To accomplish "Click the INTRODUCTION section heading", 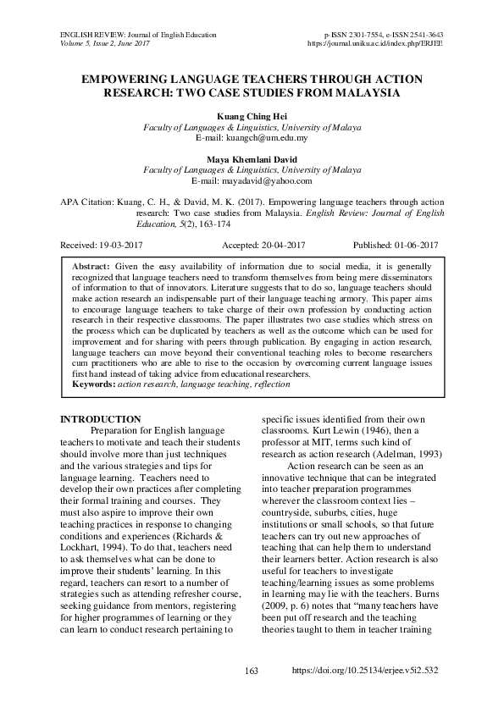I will tap(102, 419).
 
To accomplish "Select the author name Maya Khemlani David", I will tap(251, 158).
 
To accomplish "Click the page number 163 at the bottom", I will tap(251, 694).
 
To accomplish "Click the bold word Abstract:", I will tap(91, 266).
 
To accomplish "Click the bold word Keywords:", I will tap(94, 384).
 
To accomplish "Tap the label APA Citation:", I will tap(89, 203).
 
